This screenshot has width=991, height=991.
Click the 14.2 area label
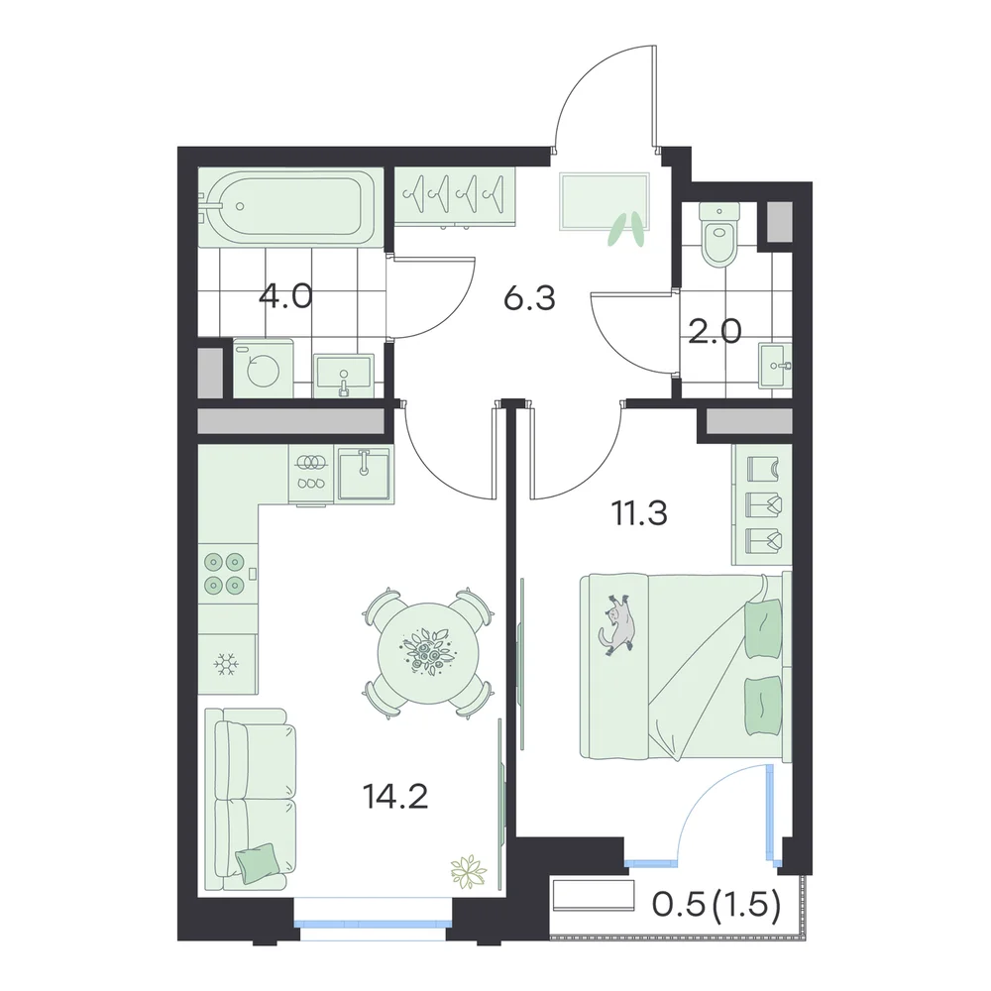pyautogui.click(x=395, y=797)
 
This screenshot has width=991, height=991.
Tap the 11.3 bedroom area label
pyautogui.click(x=639, y=513)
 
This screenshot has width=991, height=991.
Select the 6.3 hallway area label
pyautogui.click(x=529, y=298)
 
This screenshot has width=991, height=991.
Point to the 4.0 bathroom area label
pyautogui.click(x=285, y=295)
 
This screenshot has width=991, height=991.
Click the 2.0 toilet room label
pyautogui.click(x=715, y=331)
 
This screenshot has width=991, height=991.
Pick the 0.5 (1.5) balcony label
pyautogui.click(x=716, y=905)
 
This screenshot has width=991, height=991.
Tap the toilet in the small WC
pyautogui.click(x=719, y=234)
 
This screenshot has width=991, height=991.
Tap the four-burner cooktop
pyautogui.click(x=225, y=574)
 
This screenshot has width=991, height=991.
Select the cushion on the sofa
pyautogui.click(x=257, y=863)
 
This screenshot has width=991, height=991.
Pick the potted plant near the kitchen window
pyautogui.click(x=469, y=872)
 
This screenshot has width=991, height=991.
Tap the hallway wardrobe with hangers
pyautogui.click(x=455, y=195)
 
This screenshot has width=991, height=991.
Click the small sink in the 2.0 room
pyautogui.click(x=775, y=366)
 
